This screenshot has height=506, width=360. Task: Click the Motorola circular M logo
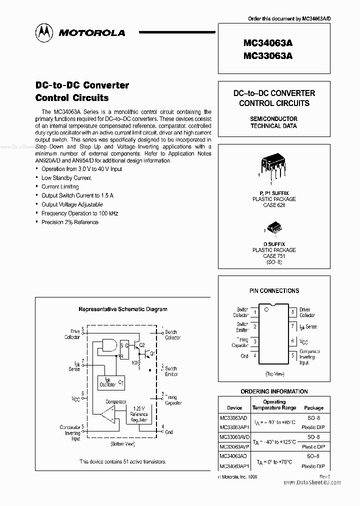(44, 32)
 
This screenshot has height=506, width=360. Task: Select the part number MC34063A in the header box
(268, 44)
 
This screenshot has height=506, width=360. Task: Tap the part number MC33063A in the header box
(268, 56)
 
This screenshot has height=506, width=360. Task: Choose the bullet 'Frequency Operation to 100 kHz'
(79, 213)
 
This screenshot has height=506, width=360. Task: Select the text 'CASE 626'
(273, 205)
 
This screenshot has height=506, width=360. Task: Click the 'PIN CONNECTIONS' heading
(274, 290)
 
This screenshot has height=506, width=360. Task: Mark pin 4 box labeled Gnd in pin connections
(255, 356)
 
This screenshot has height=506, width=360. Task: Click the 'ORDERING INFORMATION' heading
(274, 391)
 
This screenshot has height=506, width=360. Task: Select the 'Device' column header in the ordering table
(234, 407)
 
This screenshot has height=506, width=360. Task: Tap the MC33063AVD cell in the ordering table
(234, 437)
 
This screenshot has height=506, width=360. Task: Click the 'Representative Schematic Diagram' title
(123, 309)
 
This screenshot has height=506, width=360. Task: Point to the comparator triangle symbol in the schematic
(106, 413)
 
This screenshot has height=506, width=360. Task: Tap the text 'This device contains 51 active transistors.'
(122, 462)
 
